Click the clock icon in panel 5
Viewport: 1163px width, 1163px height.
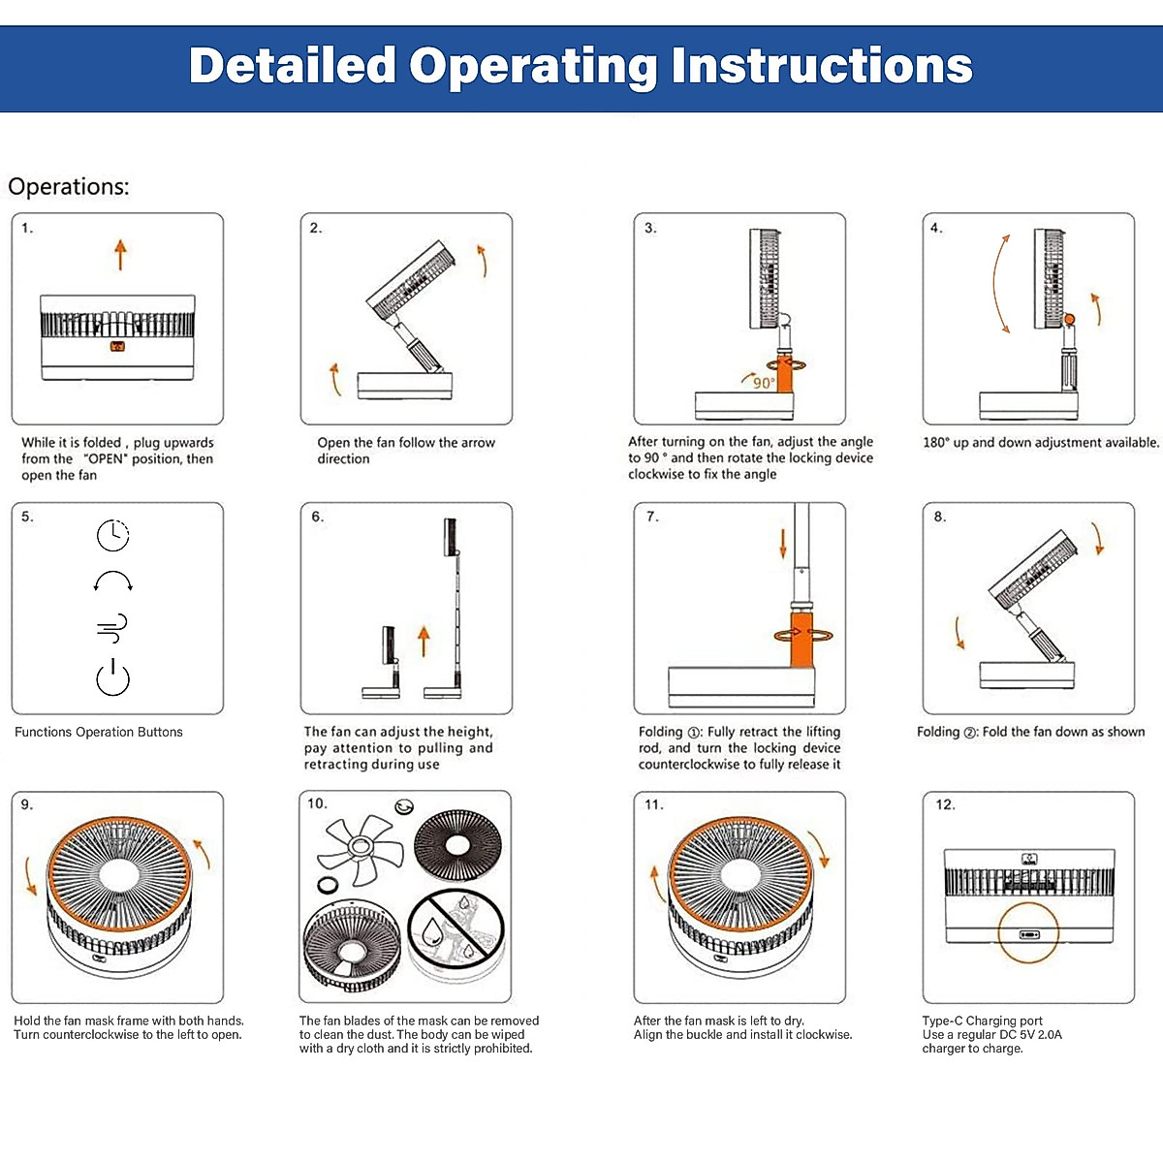point(112,534)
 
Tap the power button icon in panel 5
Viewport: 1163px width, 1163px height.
point(112,677)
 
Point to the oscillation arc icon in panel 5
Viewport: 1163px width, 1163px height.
point(112,581)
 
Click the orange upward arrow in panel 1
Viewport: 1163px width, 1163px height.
point(120,255)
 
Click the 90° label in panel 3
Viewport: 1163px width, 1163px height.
point(763,383)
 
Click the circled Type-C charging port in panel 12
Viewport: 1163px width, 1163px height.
point(1028,934)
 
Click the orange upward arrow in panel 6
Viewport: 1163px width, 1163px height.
point(423,641)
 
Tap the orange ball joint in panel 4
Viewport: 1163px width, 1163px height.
point(1070,319)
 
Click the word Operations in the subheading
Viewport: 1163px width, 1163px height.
point(68,186)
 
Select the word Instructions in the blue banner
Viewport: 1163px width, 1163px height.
point(822,66)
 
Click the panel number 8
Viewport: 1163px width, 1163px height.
point(939,517)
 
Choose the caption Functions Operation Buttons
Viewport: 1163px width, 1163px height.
point(98,732)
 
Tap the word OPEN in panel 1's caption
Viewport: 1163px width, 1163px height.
point(106,458)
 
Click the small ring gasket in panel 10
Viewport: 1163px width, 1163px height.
point(328,884)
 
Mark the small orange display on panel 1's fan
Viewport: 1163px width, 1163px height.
point(117,346)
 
